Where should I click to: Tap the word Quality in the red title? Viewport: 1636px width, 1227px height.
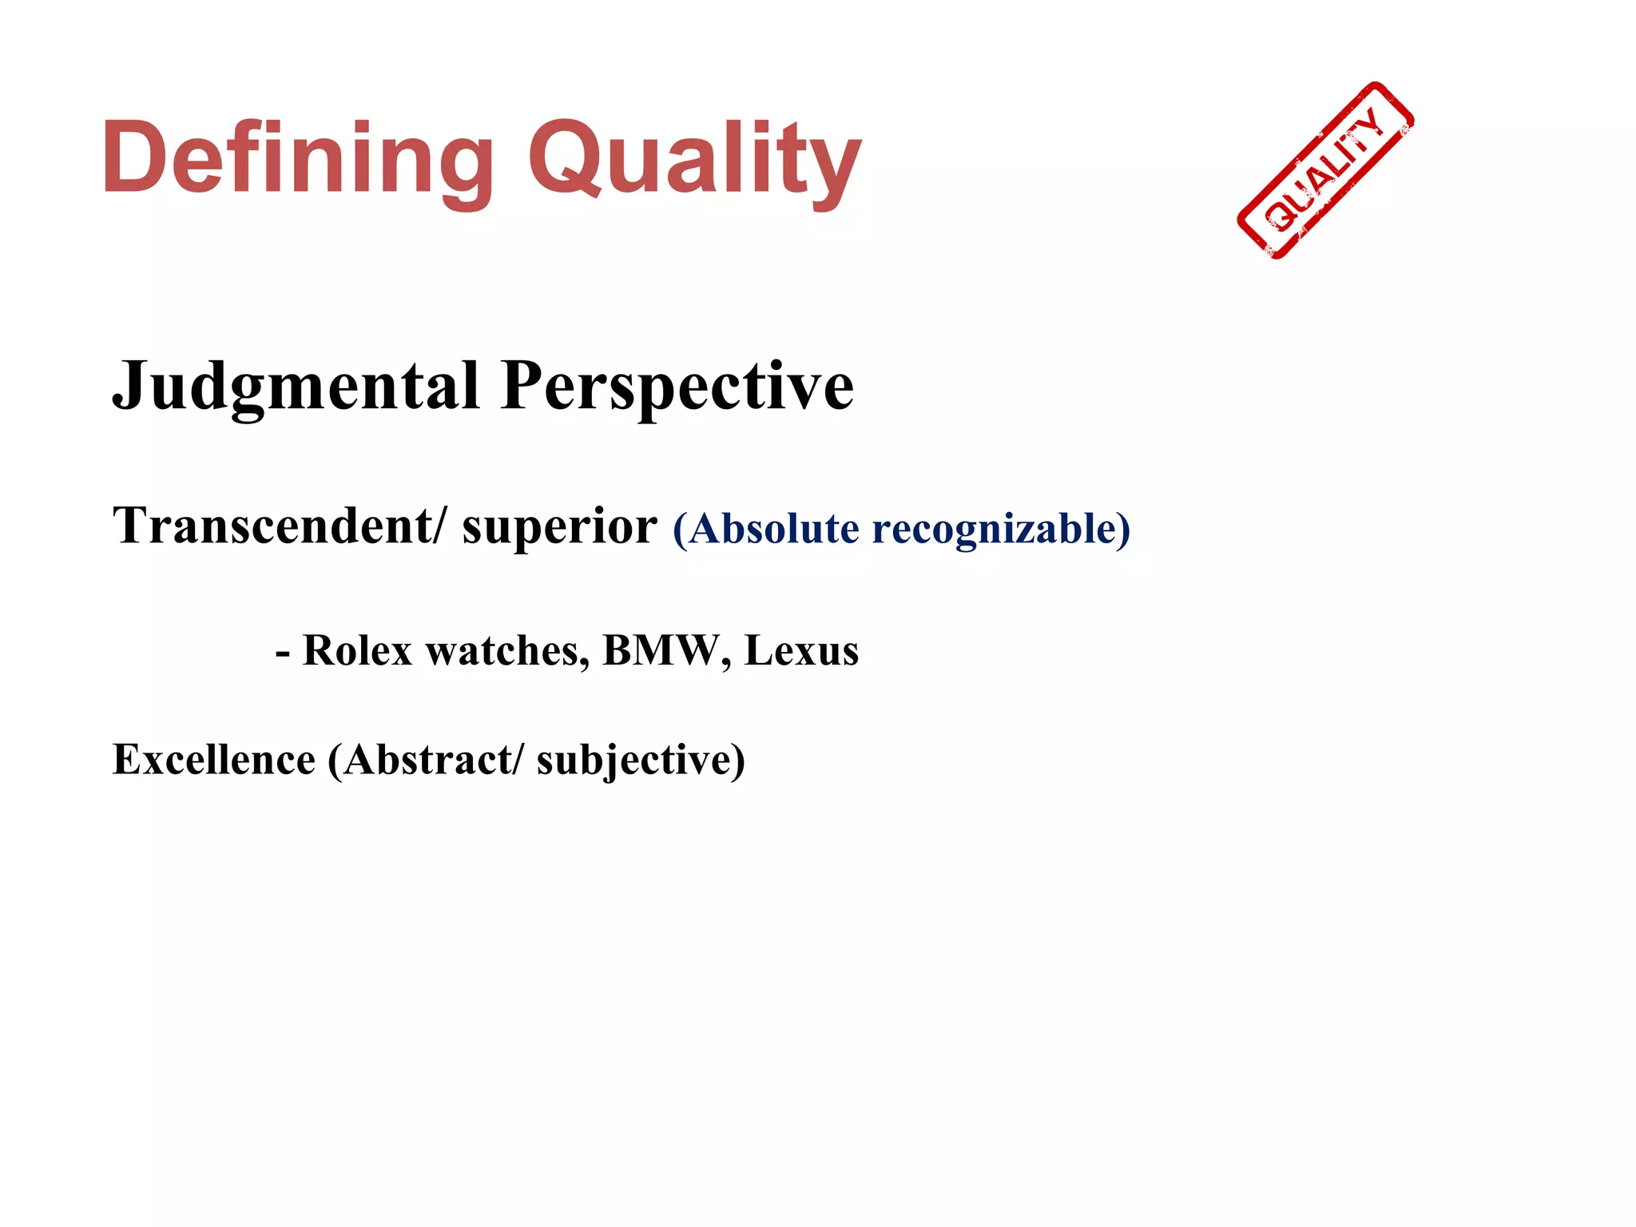click(x=694, y=158)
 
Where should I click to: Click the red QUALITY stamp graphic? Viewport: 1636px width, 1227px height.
click(x=1325, y=171)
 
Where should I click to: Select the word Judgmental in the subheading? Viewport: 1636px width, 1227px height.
click(x=296, y=387)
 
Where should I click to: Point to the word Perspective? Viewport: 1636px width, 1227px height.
click(x=677, y=387)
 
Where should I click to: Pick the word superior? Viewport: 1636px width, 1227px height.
click(x=559, y=528)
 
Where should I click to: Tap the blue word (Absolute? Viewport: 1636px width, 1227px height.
click(x=767, y=529)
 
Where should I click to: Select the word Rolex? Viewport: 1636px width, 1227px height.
click(x=357, y=650)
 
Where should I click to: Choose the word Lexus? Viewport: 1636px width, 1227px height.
click(x=801, y=650)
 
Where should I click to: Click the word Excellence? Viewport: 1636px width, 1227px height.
click(x=214, y=759)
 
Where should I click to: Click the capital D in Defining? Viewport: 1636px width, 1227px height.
click(x=134, y=157)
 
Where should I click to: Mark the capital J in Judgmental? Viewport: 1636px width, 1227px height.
click(x=129, y=387)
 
